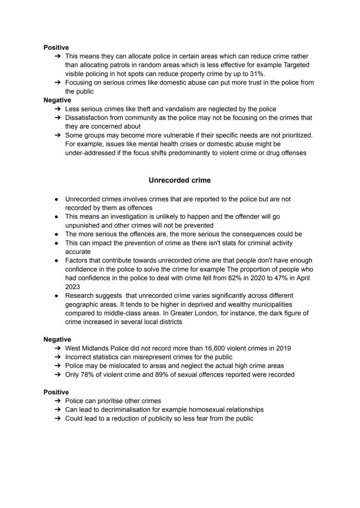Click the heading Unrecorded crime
coord(180,180)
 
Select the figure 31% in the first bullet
coord(257,74)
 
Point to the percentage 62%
coord(237,278)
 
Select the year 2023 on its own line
coord(73,287)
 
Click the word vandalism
coord(165,109)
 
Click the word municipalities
coord(270,304)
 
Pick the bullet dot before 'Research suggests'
coord(57,296)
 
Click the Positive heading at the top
coord(56,47)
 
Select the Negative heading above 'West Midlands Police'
coord(57,339)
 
